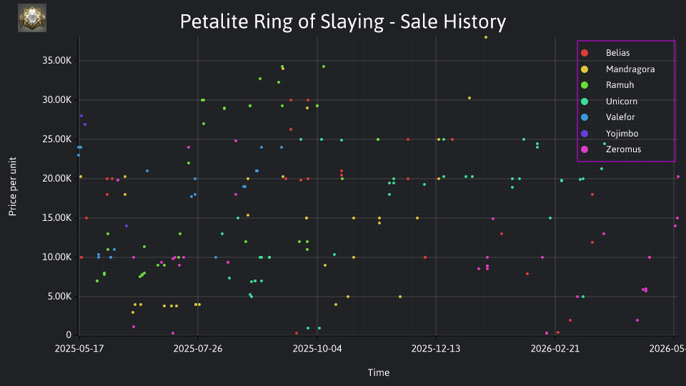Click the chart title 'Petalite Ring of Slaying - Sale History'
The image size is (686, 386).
(342, 21)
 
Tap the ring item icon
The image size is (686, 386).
(32, 18)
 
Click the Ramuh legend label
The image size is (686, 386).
(620, 85)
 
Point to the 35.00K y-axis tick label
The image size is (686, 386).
(56, 60)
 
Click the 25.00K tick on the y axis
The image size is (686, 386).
(56, 139)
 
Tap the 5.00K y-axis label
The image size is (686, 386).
(59, 296)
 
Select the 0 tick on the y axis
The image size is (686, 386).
(69, 335)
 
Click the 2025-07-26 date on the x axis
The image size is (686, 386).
(198, 348)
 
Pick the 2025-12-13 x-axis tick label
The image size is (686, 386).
(436, 348)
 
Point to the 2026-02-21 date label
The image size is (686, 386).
(555, 348)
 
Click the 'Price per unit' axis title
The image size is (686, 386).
(13, 187)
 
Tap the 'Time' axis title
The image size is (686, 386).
(379, 372)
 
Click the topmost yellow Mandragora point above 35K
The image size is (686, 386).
(486, 37)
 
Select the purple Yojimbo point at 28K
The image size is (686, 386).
(81, 116)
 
